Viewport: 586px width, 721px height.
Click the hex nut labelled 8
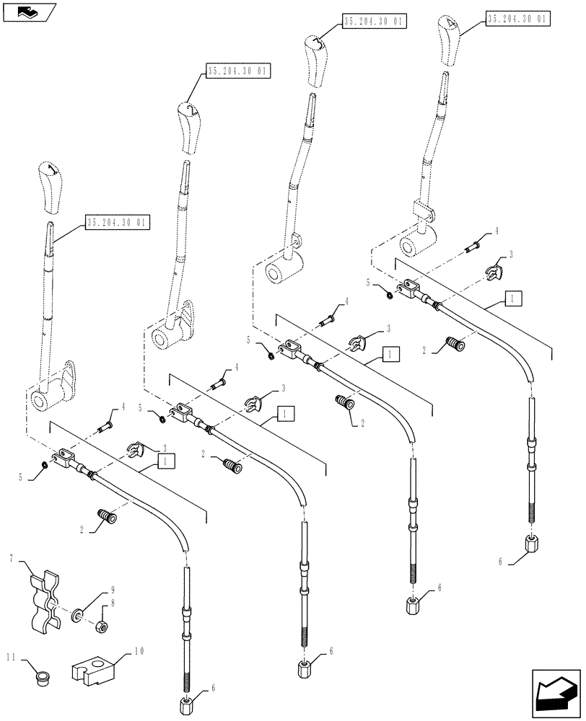point(102,627)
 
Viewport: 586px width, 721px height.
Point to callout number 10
point(139,650)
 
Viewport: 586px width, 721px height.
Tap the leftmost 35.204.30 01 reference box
point(116,223)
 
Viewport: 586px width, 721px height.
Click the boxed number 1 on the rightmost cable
point(510,297)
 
